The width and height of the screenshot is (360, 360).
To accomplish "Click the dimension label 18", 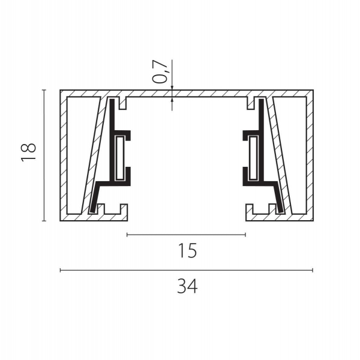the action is pyautogui.click(x=28, y=152).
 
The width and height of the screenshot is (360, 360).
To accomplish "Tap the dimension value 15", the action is pyautogui.click(x=187, y=251).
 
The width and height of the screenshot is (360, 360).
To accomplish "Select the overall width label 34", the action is pyautogui.click(x=187, y=286).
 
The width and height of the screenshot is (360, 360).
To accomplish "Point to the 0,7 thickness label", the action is pyautogui.click(x=160, y=71).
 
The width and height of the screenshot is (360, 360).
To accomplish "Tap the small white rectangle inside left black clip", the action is pyautogui.click(x=119, y=158).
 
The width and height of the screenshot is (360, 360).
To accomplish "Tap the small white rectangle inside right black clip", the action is pyautogui.click(x=253, y=158).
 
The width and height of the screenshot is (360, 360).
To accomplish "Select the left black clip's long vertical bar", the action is pyautogui.click(x=112, y=140).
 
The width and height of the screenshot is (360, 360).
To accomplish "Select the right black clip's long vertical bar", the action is pyautogui.click(x=261, y=140).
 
